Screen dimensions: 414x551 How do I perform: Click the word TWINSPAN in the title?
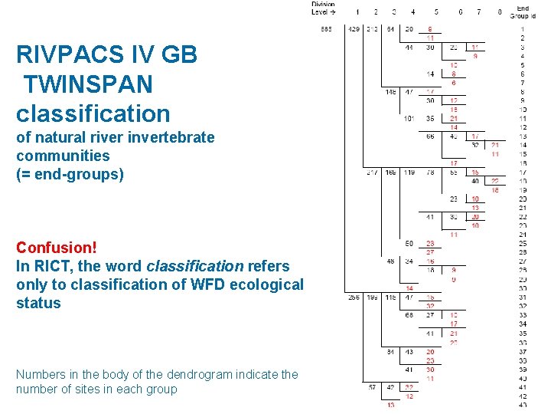click(x=87, y=84)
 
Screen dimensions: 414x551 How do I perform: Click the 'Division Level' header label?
click(x=323, y=8)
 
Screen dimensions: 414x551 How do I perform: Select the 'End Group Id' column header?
click(x=522, y=11)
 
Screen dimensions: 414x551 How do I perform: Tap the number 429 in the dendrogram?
click(x=354, y=30)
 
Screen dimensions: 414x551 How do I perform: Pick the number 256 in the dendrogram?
click(x=354, y=297)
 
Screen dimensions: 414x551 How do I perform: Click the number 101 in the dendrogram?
click(x=409, y=119)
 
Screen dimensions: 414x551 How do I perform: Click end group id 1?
click(x=523, y=29)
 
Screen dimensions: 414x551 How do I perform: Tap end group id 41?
click(x=523, y=387)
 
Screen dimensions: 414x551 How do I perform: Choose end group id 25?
click(x=523, y=244)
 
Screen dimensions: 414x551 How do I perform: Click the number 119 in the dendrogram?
click(x=410, y=172)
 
